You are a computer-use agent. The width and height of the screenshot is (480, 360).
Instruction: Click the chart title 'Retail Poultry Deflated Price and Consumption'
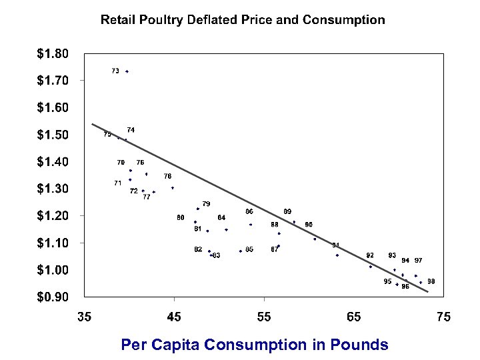pyautogui.click(x=243, y=19)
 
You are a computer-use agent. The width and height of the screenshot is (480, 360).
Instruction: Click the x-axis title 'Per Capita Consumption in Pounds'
pyautogui.click(x=254, y=345)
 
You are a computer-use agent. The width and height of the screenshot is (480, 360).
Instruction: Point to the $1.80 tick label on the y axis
pyautogui.click(x=52, y=53)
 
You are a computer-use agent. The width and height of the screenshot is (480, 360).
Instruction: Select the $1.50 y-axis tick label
pyautogui.click(x=52, y=135)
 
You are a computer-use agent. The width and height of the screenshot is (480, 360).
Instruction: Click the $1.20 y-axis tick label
pyautogui.click(x=52, y=216)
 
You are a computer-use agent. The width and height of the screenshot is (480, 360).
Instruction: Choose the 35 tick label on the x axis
pyautogui.click(x=84, y=317)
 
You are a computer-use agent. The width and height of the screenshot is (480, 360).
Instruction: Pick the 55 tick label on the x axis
pyautogui.click(x=264, y=317)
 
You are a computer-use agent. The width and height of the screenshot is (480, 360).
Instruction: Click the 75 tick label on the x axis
pyautogui.click(x=443, y=317)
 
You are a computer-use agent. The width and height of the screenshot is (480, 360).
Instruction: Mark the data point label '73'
pyautogui.click(x=115, y=71)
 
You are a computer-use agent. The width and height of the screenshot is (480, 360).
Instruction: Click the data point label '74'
pyautogui.click(x=131, y=129)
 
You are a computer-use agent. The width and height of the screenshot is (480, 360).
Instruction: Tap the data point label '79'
pyautogui.click(x=206, y=203)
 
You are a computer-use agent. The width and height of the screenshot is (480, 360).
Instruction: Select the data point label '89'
pyautogui.click(x=287, y=211)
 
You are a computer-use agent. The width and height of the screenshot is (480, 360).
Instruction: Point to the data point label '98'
pyautogui.click(x=431, y=281)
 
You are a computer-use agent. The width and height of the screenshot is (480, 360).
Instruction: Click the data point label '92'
pyautogui.click(x=370, y=255)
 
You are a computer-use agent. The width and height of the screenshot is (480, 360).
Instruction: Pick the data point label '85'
pyautogui.click(x=249, y=249)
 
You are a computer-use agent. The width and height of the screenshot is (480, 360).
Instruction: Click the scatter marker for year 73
pyautogui.click(x=127, y=71)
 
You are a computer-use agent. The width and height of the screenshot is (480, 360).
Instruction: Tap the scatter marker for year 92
pyautogui.click(x=371, y=267)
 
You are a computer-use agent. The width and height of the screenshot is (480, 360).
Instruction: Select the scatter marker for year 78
pyautogui.click(x=172, y=188)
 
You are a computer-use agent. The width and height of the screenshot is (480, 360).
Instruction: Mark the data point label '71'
pyautogui.click(x=117, y=183)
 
